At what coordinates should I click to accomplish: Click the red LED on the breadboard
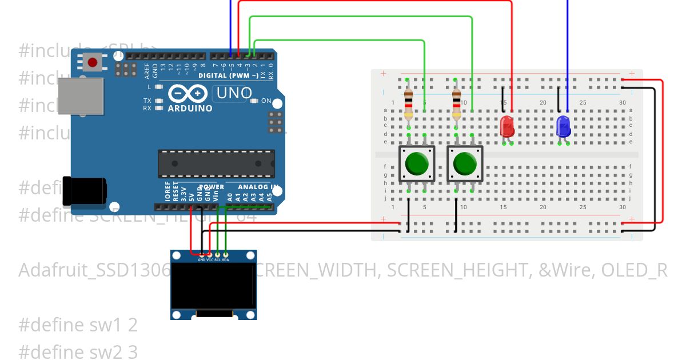point(506,126)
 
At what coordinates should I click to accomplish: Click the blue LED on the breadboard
point(563,126)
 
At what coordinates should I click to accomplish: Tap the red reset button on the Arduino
point(93,61)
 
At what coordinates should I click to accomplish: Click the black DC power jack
point(84,191)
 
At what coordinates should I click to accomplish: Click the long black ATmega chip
point(216,163)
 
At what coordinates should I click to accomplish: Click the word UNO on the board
point(233,93)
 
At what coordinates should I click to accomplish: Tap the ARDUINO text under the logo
point(190,108)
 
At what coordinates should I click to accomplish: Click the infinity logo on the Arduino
point(188,93)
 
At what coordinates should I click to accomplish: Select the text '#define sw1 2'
point(78,325)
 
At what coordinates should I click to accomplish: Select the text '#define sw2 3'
point(78,351)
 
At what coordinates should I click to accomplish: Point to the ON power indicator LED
point(254,101)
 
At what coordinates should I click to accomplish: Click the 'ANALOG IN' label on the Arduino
point(258,187)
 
